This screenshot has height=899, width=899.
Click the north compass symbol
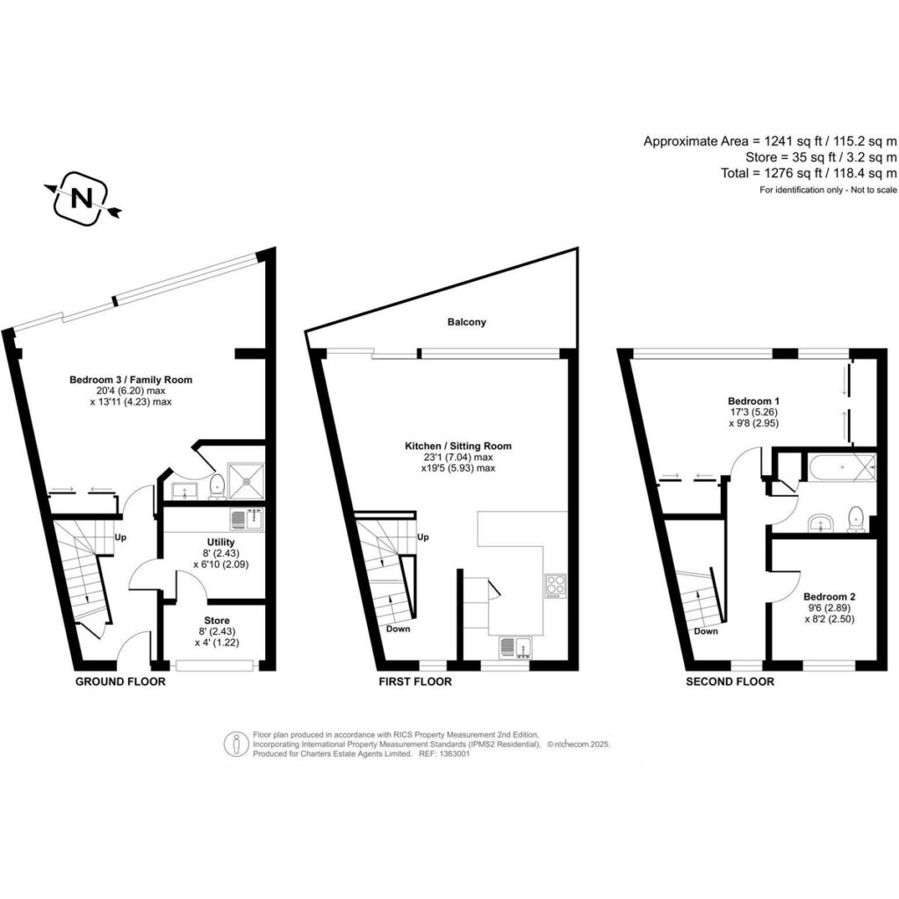coord(82,198)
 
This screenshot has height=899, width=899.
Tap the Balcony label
coord(467,322)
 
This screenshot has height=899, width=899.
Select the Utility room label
coord(220,542)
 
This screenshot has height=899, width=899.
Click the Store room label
coord(217,621)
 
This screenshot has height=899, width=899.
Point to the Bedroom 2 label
coord(829,597)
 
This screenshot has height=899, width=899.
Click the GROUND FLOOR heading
coord(120,681)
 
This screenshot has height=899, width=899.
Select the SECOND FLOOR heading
coord(730,681)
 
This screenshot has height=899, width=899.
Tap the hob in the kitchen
coord(555,586)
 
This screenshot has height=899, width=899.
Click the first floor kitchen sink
coord(515,646)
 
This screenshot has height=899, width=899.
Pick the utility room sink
coord(247,520)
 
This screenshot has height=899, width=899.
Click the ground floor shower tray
coord(247,481)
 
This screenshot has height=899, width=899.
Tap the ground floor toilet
coord(217,485)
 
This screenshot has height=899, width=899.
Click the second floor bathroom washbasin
coord(823,523)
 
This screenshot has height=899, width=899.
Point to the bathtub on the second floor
coord(841,467)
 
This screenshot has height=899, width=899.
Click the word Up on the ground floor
coord(120,538)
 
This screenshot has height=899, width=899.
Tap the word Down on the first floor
coord(398,629)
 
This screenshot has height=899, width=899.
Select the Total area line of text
coord(809,173)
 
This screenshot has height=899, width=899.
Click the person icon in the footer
coord(237,744)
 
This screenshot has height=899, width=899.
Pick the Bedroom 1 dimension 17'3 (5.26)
coord(753,413)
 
